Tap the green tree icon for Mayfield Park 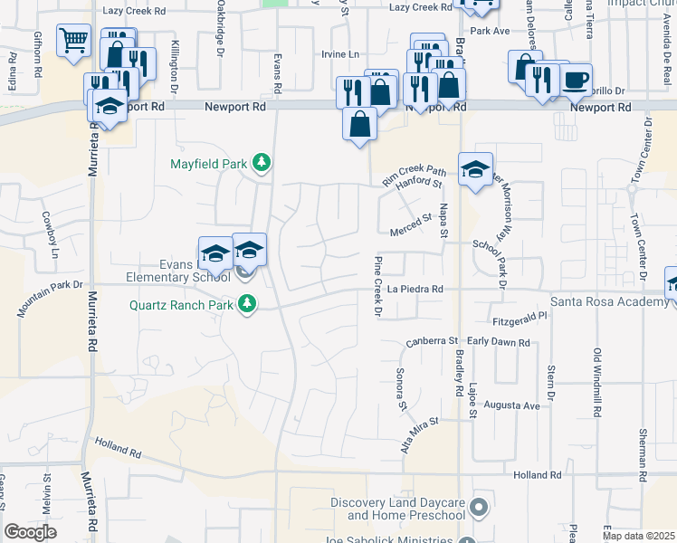point(262,163)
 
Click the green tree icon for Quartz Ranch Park point(245,305)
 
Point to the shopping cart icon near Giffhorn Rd point(73,40)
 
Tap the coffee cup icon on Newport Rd point(576,79)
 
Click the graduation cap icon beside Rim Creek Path point(475,169)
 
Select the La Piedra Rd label point(415,290)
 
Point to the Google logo point(30,532)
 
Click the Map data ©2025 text point(639,536)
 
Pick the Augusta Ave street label point(514,406)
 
